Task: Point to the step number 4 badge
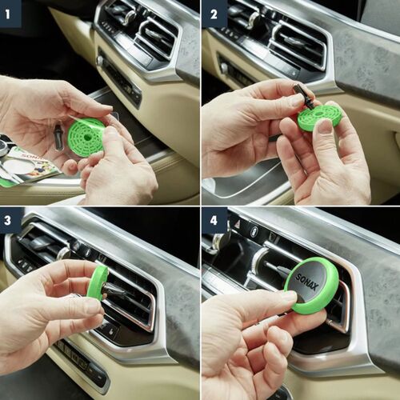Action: tap(214, 218)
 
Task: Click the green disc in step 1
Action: tap(86, 136)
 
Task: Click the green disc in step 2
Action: tap(320, 118)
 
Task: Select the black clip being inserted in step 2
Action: tap(303, 96)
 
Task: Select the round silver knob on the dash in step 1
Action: tap(100, 61)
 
